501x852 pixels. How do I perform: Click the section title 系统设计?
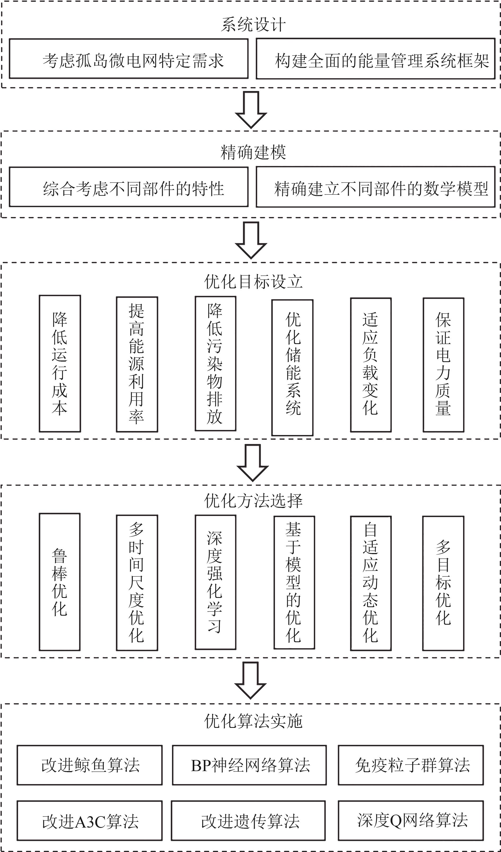pyautogui.click(x=253, y=25)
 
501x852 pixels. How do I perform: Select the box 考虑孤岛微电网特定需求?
pyautogui.click(x=129, y=59)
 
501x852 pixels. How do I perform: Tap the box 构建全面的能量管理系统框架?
pyautogui.click(x=375, y=59)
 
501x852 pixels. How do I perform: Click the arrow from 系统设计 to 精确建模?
pyautogui.click(x=251, y=110)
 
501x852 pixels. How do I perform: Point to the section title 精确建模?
pyautogui.click(x=253, y=152)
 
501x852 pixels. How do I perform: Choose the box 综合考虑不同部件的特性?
pyautogui.click(x=129, y=187)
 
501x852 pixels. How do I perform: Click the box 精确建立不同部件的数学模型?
pyautogui.click(x=375, y=187)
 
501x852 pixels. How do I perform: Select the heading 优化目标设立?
pyautogui.click(x=253, y=281)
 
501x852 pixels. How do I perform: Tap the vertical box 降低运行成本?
pyautogui.click(x=60, y=363)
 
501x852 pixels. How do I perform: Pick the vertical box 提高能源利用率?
pyautogui.click(x=137, y=364)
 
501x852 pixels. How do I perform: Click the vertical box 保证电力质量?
pyautogui.click(x=443, y=365)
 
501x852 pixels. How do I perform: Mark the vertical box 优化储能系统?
pyautogui.click(x=293, y=367)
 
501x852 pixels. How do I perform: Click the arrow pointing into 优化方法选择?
pyautogui.click(x=253, y=463)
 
